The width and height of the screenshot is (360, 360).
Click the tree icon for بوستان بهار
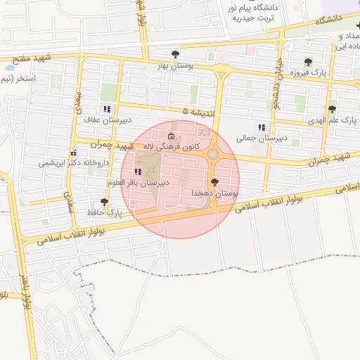(174, 54)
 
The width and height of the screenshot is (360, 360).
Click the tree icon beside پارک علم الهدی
(332, 108)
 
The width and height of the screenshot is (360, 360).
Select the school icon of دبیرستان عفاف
(107, 108)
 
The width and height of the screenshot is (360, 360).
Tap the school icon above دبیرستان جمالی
(262, 127)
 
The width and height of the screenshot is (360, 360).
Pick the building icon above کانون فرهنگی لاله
(171, 136)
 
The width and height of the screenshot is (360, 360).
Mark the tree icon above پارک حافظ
(104, 201)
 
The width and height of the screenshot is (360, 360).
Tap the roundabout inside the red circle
(212, 154)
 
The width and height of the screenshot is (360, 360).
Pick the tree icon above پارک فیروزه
(308, 62)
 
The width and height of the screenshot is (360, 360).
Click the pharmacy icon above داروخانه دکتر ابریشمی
(73, 153)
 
